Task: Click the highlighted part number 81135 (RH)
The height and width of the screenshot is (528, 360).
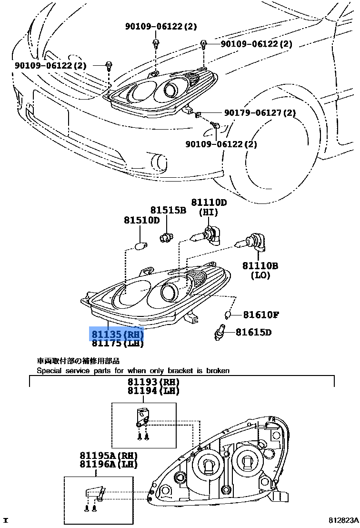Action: pos(117,334)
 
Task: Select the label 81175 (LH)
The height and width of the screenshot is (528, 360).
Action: pos(117,343)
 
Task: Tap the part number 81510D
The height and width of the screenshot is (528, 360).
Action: pos(141,220)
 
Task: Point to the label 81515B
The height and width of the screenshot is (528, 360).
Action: pos(168,210)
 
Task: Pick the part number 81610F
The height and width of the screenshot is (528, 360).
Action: pos(261,315)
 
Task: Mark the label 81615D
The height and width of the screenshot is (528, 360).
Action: pos(257,332)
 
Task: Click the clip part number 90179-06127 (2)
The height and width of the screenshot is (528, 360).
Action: pos(260,113)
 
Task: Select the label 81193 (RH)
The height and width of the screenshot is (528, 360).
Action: pos(153,382)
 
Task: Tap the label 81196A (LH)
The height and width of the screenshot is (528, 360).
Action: pos(108,465)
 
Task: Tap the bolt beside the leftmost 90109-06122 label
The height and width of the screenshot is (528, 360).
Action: pos(109,65)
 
